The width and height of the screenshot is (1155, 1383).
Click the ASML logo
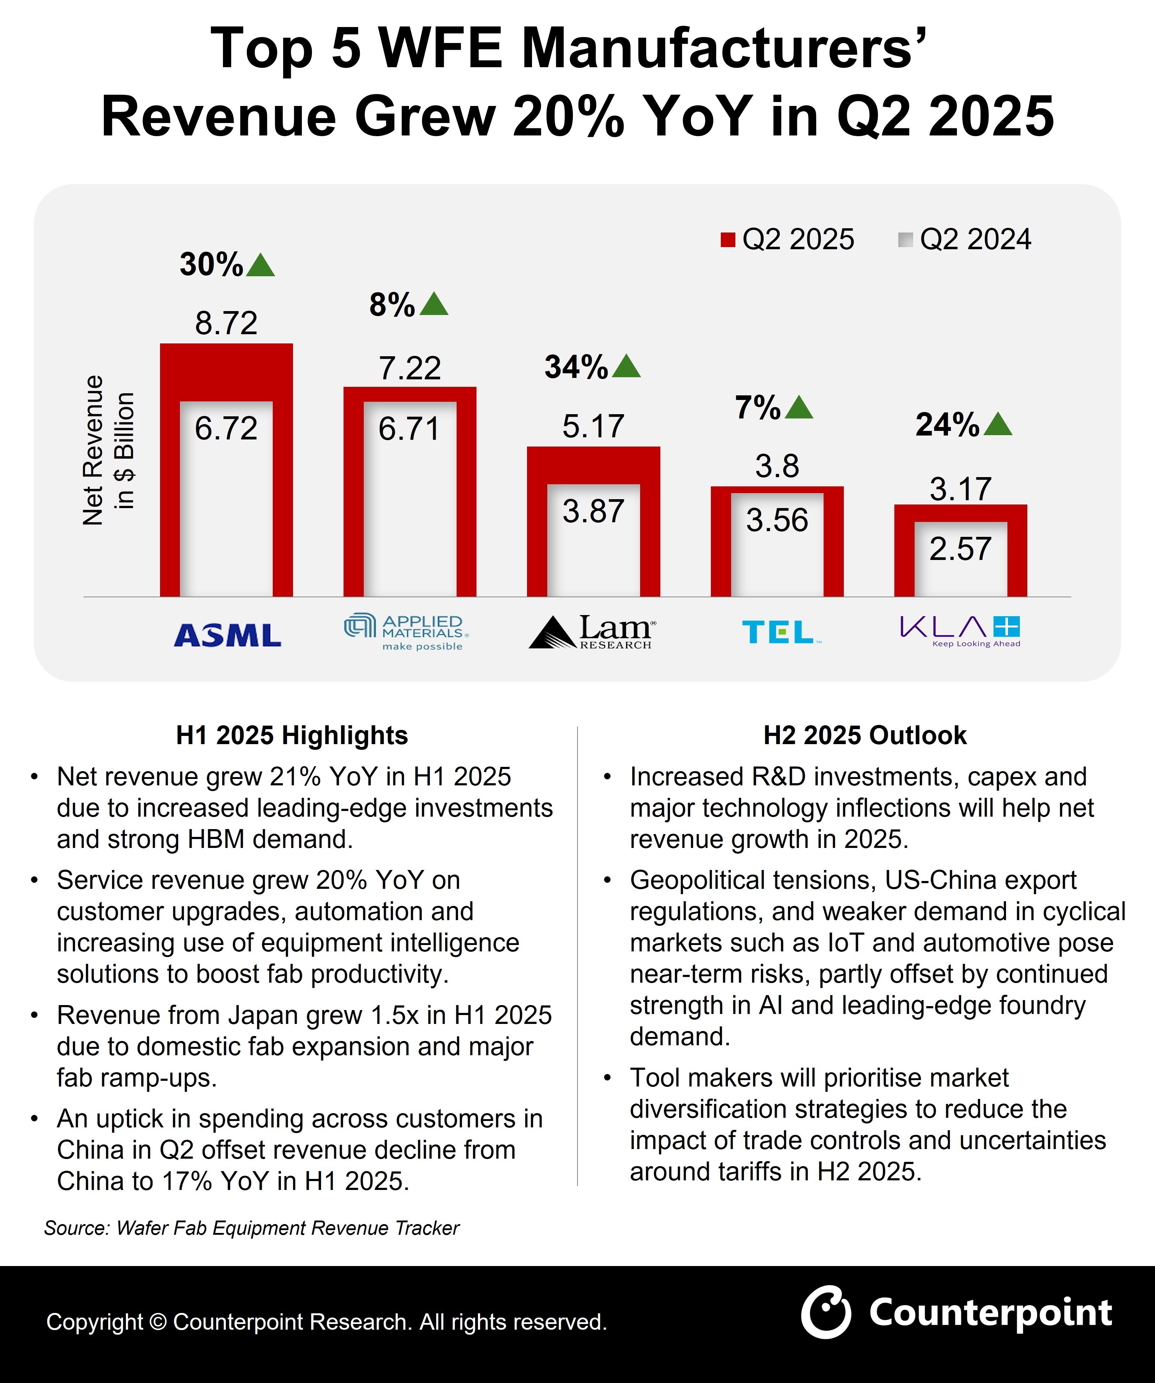[x=227, y=635]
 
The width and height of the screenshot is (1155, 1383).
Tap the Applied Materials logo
[x=406, y=632]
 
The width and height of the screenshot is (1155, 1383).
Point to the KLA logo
[x=960, y=631]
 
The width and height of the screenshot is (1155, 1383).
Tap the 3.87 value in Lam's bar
[x=593, y=511]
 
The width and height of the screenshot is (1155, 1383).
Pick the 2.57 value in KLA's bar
[x=960, y=549]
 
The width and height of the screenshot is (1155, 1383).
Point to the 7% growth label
[x=758, y=408]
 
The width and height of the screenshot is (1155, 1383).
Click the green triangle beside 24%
[x=997, y=425]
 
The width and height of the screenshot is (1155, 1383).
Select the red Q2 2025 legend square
[x=728, y=240]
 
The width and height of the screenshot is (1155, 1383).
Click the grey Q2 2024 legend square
[x=905, y=240]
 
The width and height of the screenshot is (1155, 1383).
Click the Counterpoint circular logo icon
[x=826, y=1312]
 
